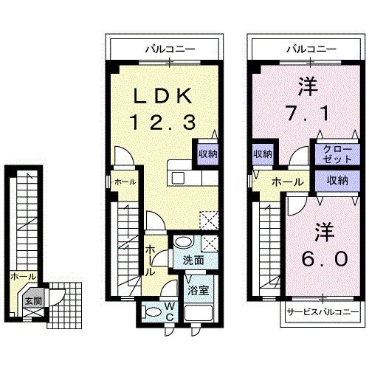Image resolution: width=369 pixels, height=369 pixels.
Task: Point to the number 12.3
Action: (163, 120)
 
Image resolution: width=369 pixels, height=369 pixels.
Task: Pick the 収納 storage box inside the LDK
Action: (207, 154)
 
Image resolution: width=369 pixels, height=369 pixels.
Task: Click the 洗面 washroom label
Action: (193, 260)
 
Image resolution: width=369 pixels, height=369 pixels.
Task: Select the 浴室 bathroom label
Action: (197, 290)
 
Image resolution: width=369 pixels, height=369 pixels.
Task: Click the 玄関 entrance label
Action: (32, 300)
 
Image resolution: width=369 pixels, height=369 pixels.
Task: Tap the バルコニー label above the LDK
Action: (170, 49)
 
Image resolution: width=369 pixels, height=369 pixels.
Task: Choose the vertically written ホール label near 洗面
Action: (150, 261)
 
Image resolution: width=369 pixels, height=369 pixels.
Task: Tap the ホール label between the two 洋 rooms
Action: (287, 182)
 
